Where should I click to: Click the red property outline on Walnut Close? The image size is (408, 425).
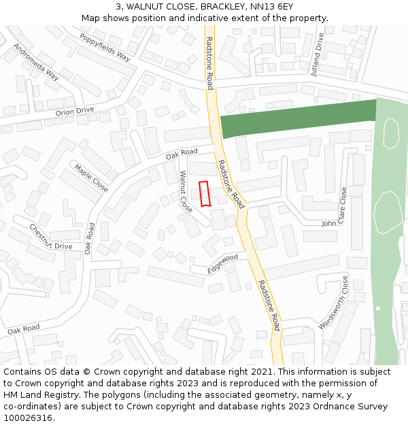204,193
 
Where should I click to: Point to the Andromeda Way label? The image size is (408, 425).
37,62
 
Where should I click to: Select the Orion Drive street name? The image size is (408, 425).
75,111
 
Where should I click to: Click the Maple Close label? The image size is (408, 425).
91,177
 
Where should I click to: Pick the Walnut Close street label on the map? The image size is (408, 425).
186,191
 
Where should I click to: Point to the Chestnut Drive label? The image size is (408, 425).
51,237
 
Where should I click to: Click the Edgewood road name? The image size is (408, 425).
223,263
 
